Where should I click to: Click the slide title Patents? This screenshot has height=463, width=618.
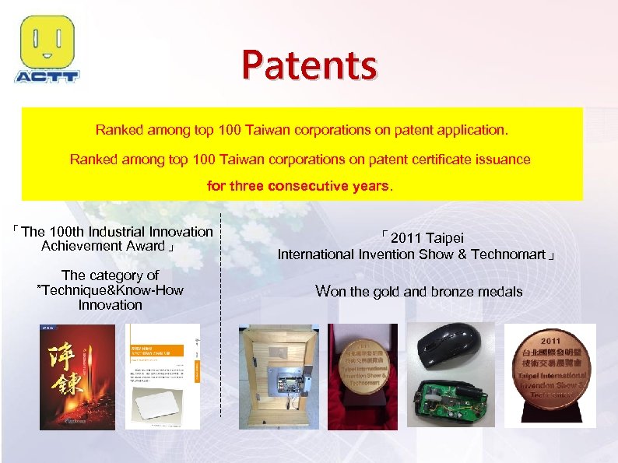tap(309, 65)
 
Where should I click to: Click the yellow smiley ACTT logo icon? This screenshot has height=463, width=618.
tap(47, 42)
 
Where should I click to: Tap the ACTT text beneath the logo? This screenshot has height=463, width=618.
tap(47, 76)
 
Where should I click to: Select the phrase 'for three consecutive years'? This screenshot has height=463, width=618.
tap(299, 187)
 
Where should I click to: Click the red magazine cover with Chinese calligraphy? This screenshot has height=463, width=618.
tap(76, 376)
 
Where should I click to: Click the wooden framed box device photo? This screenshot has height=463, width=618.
tap(276, 376)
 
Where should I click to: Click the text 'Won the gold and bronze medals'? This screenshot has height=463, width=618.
tap(419, 292)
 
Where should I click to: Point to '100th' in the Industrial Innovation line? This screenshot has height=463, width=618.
tap(68, 232)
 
